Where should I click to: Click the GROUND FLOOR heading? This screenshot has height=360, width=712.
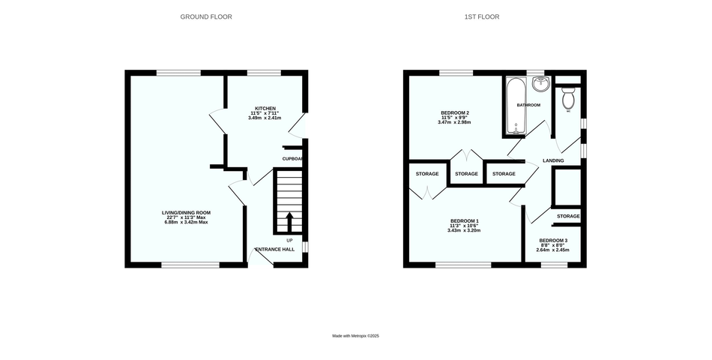point(206,16)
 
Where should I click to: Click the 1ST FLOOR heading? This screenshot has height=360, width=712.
point(482,16)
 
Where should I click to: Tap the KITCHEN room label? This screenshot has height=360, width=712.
point(265,108)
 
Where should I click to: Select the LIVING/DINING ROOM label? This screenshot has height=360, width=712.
point(186,212)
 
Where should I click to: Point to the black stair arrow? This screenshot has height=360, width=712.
point(289,223)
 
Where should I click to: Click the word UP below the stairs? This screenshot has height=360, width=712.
point(290,240)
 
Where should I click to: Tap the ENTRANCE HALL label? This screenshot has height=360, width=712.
point(275,250)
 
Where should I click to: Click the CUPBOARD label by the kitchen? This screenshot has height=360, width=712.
point(292,159)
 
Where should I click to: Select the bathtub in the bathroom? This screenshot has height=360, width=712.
point(516,106)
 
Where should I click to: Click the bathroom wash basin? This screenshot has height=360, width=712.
point(541,84)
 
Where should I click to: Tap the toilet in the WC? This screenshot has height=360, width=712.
point(569,97)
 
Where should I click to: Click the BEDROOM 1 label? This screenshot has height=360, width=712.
point(464,221)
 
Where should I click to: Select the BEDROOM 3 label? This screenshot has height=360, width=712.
point(553,241)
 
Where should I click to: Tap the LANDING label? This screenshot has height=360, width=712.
point(554,160)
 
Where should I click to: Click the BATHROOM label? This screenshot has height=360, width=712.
point(528,105)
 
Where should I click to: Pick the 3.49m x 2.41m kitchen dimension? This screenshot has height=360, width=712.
point(265,118)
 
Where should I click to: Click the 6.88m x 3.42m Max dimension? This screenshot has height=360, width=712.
point(186,222)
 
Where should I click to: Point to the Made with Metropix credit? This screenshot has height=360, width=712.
point(355,336)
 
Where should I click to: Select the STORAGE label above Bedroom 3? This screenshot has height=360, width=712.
point(569,216)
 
